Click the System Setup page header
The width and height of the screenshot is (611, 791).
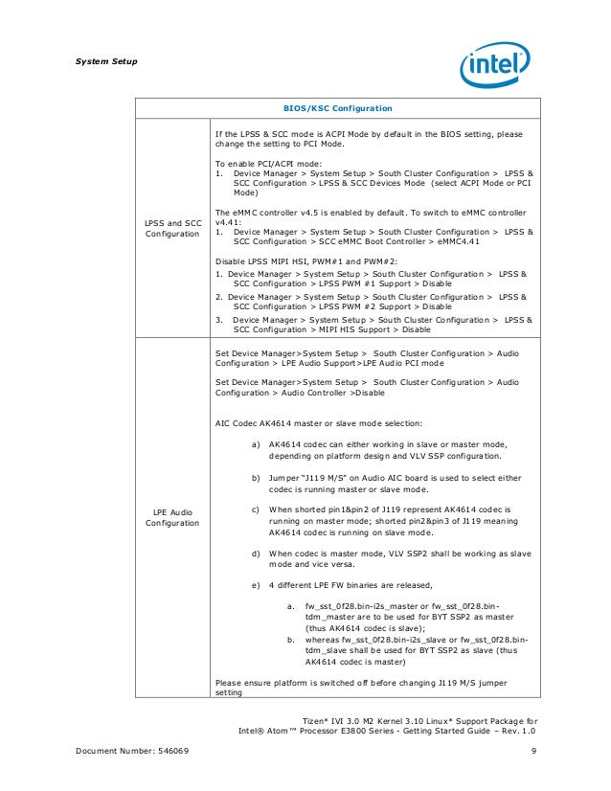105,62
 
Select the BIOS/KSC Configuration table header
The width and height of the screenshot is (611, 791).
333,108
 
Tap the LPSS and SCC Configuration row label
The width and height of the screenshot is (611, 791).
172,229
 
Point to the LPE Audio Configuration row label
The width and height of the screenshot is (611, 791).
172,518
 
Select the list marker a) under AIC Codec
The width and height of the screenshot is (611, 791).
256,445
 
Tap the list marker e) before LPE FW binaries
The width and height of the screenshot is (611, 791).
256,583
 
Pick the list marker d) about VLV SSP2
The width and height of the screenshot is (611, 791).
256,553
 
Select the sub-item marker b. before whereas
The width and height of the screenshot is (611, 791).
291,637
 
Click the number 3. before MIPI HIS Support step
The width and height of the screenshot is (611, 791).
219,319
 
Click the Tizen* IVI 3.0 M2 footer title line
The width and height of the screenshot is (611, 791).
419,720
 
